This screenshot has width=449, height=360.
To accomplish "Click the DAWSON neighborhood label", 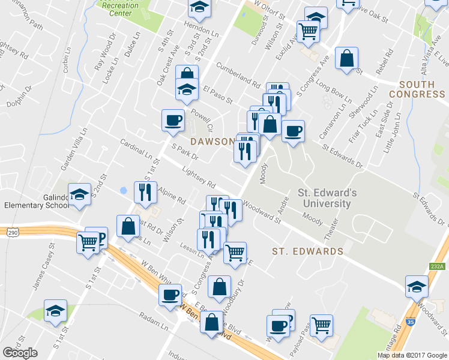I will point(211,142).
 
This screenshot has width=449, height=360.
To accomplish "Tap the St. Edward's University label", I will point(327,198).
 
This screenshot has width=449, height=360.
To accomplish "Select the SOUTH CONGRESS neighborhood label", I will point(417,89).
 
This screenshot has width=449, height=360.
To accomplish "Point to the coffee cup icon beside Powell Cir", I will point(173,119).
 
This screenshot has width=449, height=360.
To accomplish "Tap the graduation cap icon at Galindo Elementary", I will point(79,194).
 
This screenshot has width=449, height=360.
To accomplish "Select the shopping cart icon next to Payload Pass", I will point(322,324).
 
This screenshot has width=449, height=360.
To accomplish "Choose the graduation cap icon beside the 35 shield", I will point(416,286).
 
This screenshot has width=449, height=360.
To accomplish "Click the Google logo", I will point(20,353).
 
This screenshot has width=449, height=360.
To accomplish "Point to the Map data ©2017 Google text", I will point(412,355).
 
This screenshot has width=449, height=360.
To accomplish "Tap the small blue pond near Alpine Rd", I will point(124,190).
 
